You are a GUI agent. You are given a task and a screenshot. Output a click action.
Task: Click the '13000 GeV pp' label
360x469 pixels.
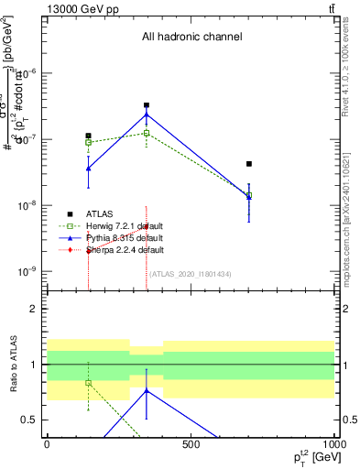pyautogui.click(x=76, y=8)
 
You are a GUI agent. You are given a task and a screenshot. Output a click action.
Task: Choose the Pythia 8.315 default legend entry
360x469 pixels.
pyautogui.click(x=125, y=237)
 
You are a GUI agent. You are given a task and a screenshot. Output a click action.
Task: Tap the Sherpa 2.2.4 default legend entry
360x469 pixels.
pyautogui.click(x=125, y=249)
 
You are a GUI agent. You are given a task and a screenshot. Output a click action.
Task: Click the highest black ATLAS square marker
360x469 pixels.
pyautogui.click(x=147, y=105)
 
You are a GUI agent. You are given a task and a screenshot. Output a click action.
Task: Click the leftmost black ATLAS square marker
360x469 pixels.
pyautogui.click(x=89, y=136)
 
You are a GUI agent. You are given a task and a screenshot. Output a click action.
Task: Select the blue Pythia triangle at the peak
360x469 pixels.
pyautogui.click(x=147, y=115)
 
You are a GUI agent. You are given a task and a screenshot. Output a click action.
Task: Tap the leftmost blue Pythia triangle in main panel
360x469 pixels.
pyautogui.click(x=89, y=169)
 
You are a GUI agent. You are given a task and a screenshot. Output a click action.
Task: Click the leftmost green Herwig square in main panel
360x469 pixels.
pyautogui.click(x=89, y=142)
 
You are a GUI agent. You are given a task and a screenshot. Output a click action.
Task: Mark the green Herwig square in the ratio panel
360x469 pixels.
pyautogui.click(x=89, y=383)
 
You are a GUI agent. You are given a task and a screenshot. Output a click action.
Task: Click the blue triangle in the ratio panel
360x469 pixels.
pyautogui.click(x=147, y=391)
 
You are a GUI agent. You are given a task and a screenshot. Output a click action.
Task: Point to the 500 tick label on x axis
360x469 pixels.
pyautogui.click(x=191, y=444)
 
